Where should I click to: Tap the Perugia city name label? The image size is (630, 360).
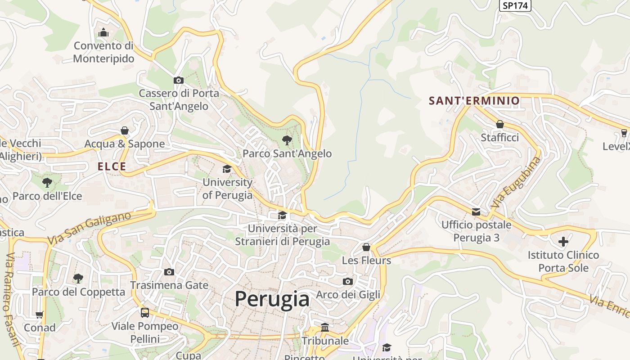point(272,299)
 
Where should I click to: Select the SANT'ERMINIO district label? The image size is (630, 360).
point(474,100)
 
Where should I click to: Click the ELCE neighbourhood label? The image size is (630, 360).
point(112,166)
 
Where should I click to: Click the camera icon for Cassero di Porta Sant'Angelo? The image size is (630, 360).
point(179,80)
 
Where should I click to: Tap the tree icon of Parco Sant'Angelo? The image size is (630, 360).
point(287,140)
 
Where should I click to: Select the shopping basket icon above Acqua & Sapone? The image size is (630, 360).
point(125,130)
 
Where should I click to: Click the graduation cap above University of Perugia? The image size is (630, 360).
point(227,169)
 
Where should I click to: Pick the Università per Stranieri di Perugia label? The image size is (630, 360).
point(283,235)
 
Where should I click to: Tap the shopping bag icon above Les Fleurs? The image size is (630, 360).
point(366,247)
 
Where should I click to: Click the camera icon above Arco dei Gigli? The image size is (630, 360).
point(348,281)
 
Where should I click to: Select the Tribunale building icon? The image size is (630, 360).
point(325,327)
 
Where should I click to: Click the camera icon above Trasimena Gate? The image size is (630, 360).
point(169,272)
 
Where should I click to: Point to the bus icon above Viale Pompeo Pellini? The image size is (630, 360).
point(145,312)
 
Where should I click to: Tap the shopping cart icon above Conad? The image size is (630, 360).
point(40,315)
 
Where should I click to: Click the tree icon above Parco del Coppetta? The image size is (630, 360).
point(78,278)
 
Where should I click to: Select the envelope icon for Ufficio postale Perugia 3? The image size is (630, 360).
point(476,211)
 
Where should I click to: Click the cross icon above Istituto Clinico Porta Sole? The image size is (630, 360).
point(563,242)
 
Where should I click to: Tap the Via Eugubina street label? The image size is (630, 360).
point(516,182)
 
